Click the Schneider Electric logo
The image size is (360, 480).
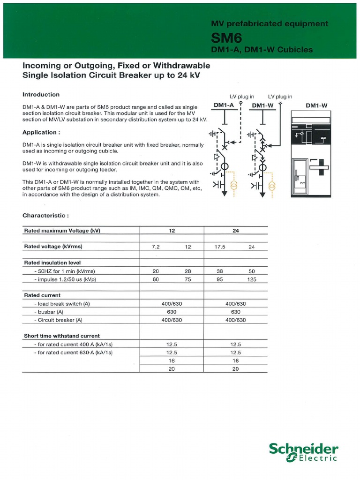click(303, 453)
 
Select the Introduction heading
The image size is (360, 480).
click(41, 95)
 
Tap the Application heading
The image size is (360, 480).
click(41, 133)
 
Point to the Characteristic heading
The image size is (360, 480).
click(46, 216)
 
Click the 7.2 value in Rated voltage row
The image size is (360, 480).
click(156, 247)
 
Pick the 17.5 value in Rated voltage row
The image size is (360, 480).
click(220, 247)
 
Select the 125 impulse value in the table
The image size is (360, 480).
click(252, 279)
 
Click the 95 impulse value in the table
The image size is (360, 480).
click(220, 279)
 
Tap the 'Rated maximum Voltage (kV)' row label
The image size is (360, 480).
click(62, 231)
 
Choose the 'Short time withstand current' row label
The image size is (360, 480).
click(62, 336)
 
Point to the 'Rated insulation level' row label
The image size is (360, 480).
click(52, 263)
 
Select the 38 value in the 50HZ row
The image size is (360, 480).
click(220, 271)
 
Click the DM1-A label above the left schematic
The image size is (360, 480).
click(224, 105)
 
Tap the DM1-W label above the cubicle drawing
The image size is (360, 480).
click(316, 105)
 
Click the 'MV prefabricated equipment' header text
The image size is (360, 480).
click(270, 24)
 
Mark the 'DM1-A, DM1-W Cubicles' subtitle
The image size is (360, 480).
click(262, 50)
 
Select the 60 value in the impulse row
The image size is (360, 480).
click(156, 279)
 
